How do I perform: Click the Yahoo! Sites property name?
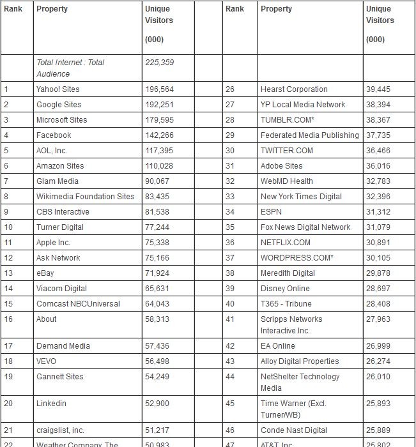[x=58, y=89]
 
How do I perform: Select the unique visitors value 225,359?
[x=159, y=63]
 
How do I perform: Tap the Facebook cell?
[x=54, y=135]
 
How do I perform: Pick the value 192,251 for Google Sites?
[x=159, y=105]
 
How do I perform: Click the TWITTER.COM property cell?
[x=287, y=151]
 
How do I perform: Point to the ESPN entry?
[x=271, y=212]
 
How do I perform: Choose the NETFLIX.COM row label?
[x=286, y=243]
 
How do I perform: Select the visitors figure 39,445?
[x=379, y=89]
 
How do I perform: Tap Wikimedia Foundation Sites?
[x=86, y=197]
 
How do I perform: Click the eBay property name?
[x=46, y=273]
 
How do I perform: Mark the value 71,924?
[x=157, y=273]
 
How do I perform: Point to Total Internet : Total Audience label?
[x=70, y=68]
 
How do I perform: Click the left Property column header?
[x=52, y=9]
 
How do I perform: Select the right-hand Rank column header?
[x=235, y=9]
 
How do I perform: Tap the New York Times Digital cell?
[x=301, y=197]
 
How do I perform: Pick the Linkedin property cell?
[x=51, y=404]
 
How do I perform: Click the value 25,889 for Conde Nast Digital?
[x=379, y=430]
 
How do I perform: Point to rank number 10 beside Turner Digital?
[x=8, y=227]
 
